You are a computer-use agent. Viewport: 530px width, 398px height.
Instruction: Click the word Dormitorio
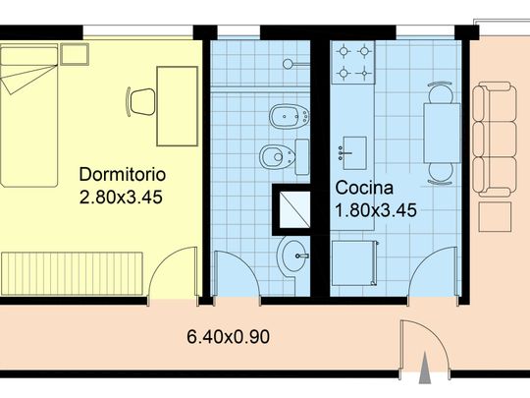pyautogui.click(x=123, y=175)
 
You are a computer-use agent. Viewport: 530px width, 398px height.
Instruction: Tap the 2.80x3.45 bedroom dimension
pyautogui.click(x=121, y=197)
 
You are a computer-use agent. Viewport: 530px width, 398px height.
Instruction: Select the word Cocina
pyautogui.click(x=364, y=188)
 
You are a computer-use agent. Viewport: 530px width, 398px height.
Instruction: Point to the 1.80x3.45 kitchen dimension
pyautogui.click(x=376, y=210)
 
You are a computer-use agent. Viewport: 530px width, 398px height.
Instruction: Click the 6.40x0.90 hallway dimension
pyautogui.click(x=228, y=337)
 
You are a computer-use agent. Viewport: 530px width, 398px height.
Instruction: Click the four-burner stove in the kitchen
pyautogui.click(x=353, y=62)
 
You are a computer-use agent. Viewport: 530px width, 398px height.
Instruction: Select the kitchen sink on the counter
pyautogui.click(x=354, y=153)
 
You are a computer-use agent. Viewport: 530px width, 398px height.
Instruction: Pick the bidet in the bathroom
pyautogui.click(x=290, y=116)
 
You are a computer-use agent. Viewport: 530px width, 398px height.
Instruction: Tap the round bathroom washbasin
pyautogui.click(x=293, y=256)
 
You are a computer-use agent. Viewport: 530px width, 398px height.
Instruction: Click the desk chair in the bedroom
pyautogui.click(x=141, y=101)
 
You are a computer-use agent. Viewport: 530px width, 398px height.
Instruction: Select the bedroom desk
pyautogui.click(x=178, y=106)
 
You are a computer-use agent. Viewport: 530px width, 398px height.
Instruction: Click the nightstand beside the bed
pyautogui.click(x=75, y=54)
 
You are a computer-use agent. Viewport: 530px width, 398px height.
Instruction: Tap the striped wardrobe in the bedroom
pyautogui.click(x=73, y=273)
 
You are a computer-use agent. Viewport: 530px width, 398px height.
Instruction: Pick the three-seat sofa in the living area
pyautogui.click(x=495, y=141)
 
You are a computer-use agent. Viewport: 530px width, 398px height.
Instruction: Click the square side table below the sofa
pyautogui.click(x=495, y=216)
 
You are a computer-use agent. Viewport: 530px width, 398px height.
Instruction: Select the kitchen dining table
pyautogui.click(x=442, y=133)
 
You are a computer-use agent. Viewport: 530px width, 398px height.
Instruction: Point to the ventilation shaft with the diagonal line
pyautogui.click(x=295, y=209)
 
